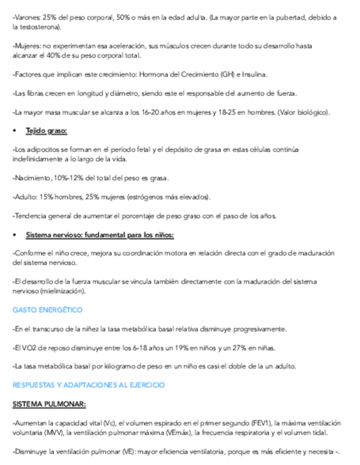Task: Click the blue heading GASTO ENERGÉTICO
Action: click(47, 310)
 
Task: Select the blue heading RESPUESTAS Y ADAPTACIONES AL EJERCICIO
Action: click(88, 385)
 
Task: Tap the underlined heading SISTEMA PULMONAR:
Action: click(49, 405)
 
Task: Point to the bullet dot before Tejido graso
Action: click(15, 131)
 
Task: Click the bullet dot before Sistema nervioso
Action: click(15, 235)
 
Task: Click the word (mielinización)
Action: click(60, 291)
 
